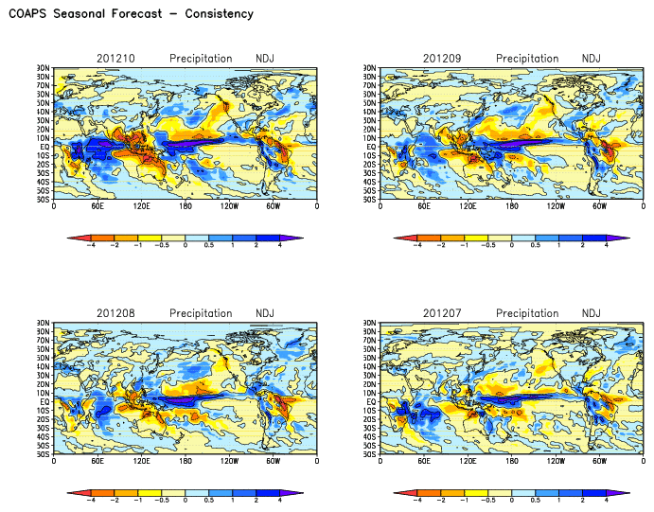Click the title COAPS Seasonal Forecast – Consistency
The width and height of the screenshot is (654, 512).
click(131, 14)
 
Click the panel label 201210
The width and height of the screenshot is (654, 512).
click(115, 59)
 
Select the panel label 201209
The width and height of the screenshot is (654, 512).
click(442, 59)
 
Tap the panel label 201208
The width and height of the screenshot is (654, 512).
click(115, 313)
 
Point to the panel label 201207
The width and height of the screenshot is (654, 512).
click(442, 313)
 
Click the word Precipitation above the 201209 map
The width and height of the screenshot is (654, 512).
click(527, 59)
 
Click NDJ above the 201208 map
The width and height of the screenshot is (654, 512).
click(266, 313)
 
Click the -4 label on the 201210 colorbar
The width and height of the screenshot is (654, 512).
click(92, 245)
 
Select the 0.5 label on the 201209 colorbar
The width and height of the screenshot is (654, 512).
click(536, 245)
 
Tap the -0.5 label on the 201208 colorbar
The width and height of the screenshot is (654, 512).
click(162, 501)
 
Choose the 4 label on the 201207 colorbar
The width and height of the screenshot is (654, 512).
click(606, 501)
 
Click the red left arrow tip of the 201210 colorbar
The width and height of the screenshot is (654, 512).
click(70, 237)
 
